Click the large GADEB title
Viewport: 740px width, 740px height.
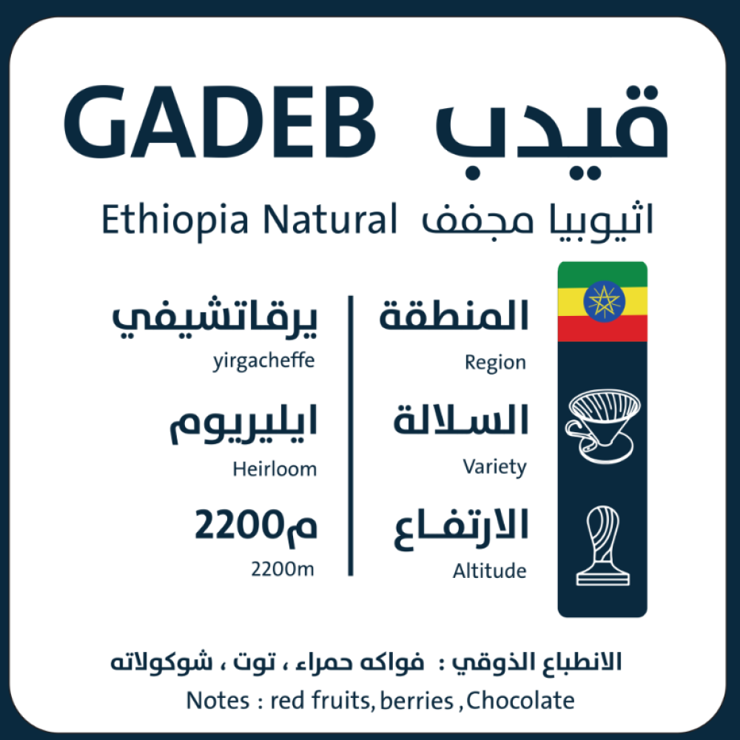click(x=220, y=122)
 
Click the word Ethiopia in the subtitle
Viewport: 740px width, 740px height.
click(x=175, y=220)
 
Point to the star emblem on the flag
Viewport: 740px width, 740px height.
click(x=604, y=301)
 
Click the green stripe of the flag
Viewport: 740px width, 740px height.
click(x=602, y=275)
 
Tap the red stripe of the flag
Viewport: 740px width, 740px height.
click(x=602, y=329)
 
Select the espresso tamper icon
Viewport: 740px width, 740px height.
click(x=602, y=545)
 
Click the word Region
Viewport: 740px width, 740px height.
click(x=495, y=363)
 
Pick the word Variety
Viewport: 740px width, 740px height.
click(x=494, y=467)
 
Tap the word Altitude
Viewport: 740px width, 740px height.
click(x=489, y=571)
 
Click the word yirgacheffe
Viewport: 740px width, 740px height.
click(x=264, y=362)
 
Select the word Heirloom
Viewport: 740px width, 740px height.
click(x=275, y=469)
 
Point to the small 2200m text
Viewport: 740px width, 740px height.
click(x=282, y=569)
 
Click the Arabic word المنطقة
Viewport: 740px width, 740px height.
click(x=454, y=314)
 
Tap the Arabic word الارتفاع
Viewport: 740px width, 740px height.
click(x=461, y=528)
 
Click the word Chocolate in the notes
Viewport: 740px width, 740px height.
click(x=520, y=700)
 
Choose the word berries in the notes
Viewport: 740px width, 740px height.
click(x=417, y=700)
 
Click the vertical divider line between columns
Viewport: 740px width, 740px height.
click(x=351, y=436)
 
